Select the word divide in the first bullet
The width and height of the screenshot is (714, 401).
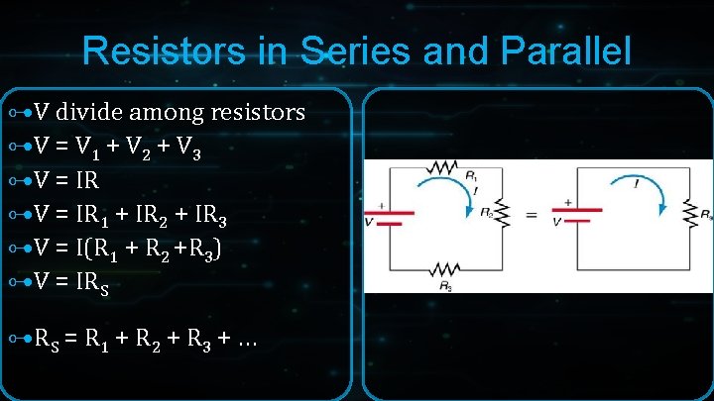tap(92, 112)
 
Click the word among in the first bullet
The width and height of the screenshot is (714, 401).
tap(168, 112)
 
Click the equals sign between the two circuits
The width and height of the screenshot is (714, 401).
tap(532, 212)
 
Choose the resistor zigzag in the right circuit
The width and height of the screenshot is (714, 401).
tap(686, 212)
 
